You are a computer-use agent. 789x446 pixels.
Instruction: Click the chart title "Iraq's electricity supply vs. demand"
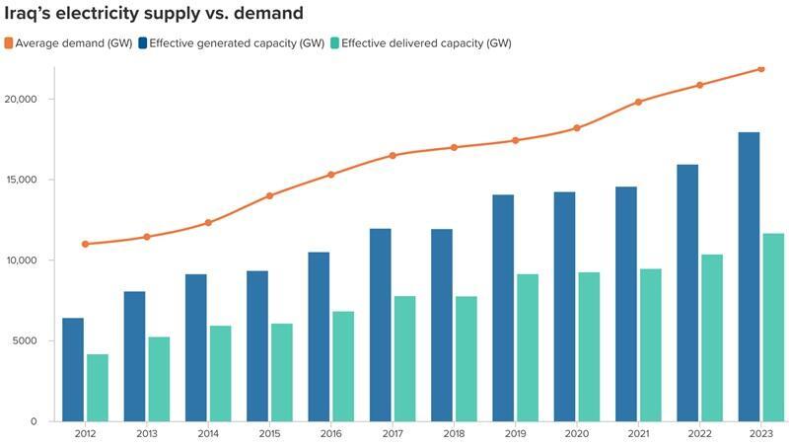153,14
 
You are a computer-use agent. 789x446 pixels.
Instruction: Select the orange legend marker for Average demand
10,43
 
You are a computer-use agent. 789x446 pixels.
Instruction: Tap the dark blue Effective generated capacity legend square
143,43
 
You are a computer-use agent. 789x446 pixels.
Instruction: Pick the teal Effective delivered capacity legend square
335,43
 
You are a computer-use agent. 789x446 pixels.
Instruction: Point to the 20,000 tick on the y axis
21,100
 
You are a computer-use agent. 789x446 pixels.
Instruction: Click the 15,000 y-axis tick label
21,180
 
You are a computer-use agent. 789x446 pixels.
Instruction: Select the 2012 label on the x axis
86,433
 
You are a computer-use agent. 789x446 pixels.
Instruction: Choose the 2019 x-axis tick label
515,433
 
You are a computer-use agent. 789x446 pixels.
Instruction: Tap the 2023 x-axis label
760,433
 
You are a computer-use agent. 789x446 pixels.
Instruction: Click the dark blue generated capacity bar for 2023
749,276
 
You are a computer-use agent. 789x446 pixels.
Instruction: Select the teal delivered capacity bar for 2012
98,387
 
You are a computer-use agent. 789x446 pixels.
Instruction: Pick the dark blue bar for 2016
319,336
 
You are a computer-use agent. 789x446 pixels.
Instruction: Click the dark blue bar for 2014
196,347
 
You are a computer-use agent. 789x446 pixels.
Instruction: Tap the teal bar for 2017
404,358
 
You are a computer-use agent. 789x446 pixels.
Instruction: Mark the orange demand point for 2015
269,195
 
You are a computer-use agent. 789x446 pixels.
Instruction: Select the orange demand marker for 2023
760,69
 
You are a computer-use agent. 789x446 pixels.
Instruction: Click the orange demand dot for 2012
86,244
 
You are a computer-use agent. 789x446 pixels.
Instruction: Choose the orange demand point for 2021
638,102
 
